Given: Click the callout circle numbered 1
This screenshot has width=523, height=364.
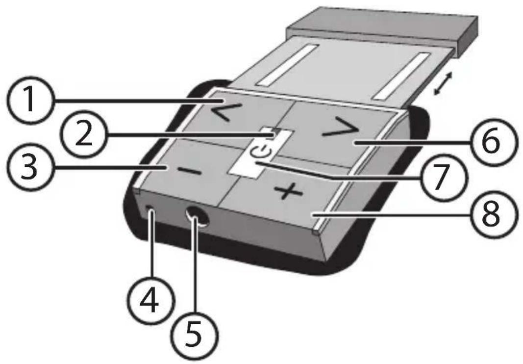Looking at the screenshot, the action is coord(30,100).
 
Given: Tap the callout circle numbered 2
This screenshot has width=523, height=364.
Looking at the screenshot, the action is coord(83,135).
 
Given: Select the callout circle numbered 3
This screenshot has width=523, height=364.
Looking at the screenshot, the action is coord(30,167).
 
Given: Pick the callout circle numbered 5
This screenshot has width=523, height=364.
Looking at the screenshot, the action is coord(195,334).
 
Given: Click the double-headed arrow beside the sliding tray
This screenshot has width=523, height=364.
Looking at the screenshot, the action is coord(443,84).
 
